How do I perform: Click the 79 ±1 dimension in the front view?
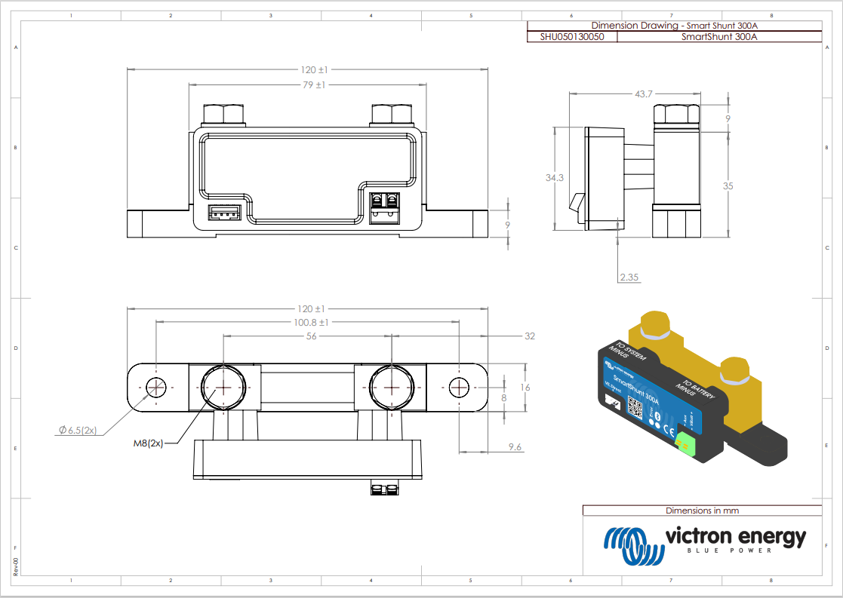(x=313, y=85)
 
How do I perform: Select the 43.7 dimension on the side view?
(x=644, y=94)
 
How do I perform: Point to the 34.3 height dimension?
(x=555, y=178)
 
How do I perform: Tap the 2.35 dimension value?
(x=629, y=278)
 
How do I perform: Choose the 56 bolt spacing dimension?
(x=311, y=336)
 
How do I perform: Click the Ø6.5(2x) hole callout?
(x=78, y=430)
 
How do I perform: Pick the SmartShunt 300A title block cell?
(x=718, y=36)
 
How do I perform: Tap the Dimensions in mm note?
(x=702, y=511)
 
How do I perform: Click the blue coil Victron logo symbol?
(x=630, y=544)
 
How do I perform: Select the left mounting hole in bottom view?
(x=157, y=387)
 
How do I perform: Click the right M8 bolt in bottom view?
(x=392, y=387)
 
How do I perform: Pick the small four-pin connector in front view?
(x=223, y=214)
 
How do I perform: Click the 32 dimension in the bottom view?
(x=529, y=336)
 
